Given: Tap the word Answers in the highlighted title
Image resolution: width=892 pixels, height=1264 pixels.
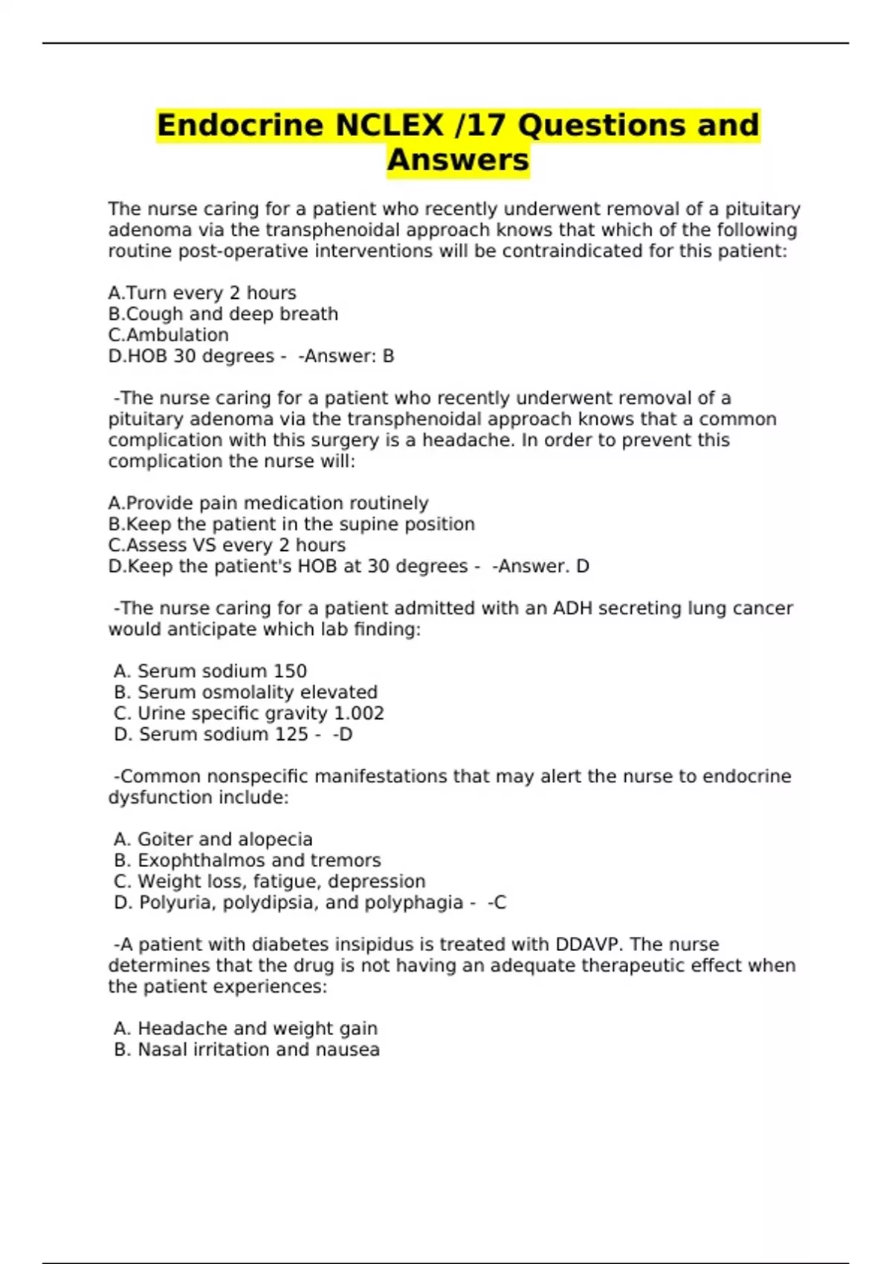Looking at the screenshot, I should click(x=458, y=160).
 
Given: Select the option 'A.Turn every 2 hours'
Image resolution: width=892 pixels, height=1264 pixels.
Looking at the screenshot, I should click(x=202, y=293).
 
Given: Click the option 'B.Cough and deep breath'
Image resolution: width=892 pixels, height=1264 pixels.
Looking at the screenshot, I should click(x=223, y=314).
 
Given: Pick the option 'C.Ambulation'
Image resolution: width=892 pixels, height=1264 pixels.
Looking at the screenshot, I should click(x=169, y=335).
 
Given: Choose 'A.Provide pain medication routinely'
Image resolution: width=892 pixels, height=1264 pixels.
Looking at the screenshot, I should click(x=268, y=503).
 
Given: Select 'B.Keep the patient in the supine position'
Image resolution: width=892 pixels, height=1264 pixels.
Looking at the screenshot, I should click(x=291, y=524).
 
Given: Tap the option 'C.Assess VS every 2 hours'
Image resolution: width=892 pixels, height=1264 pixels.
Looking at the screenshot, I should click(x=227, y=545).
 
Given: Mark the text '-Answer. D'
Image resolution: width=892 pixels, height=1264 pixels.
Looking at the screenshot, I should click(x=540, y=567).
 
